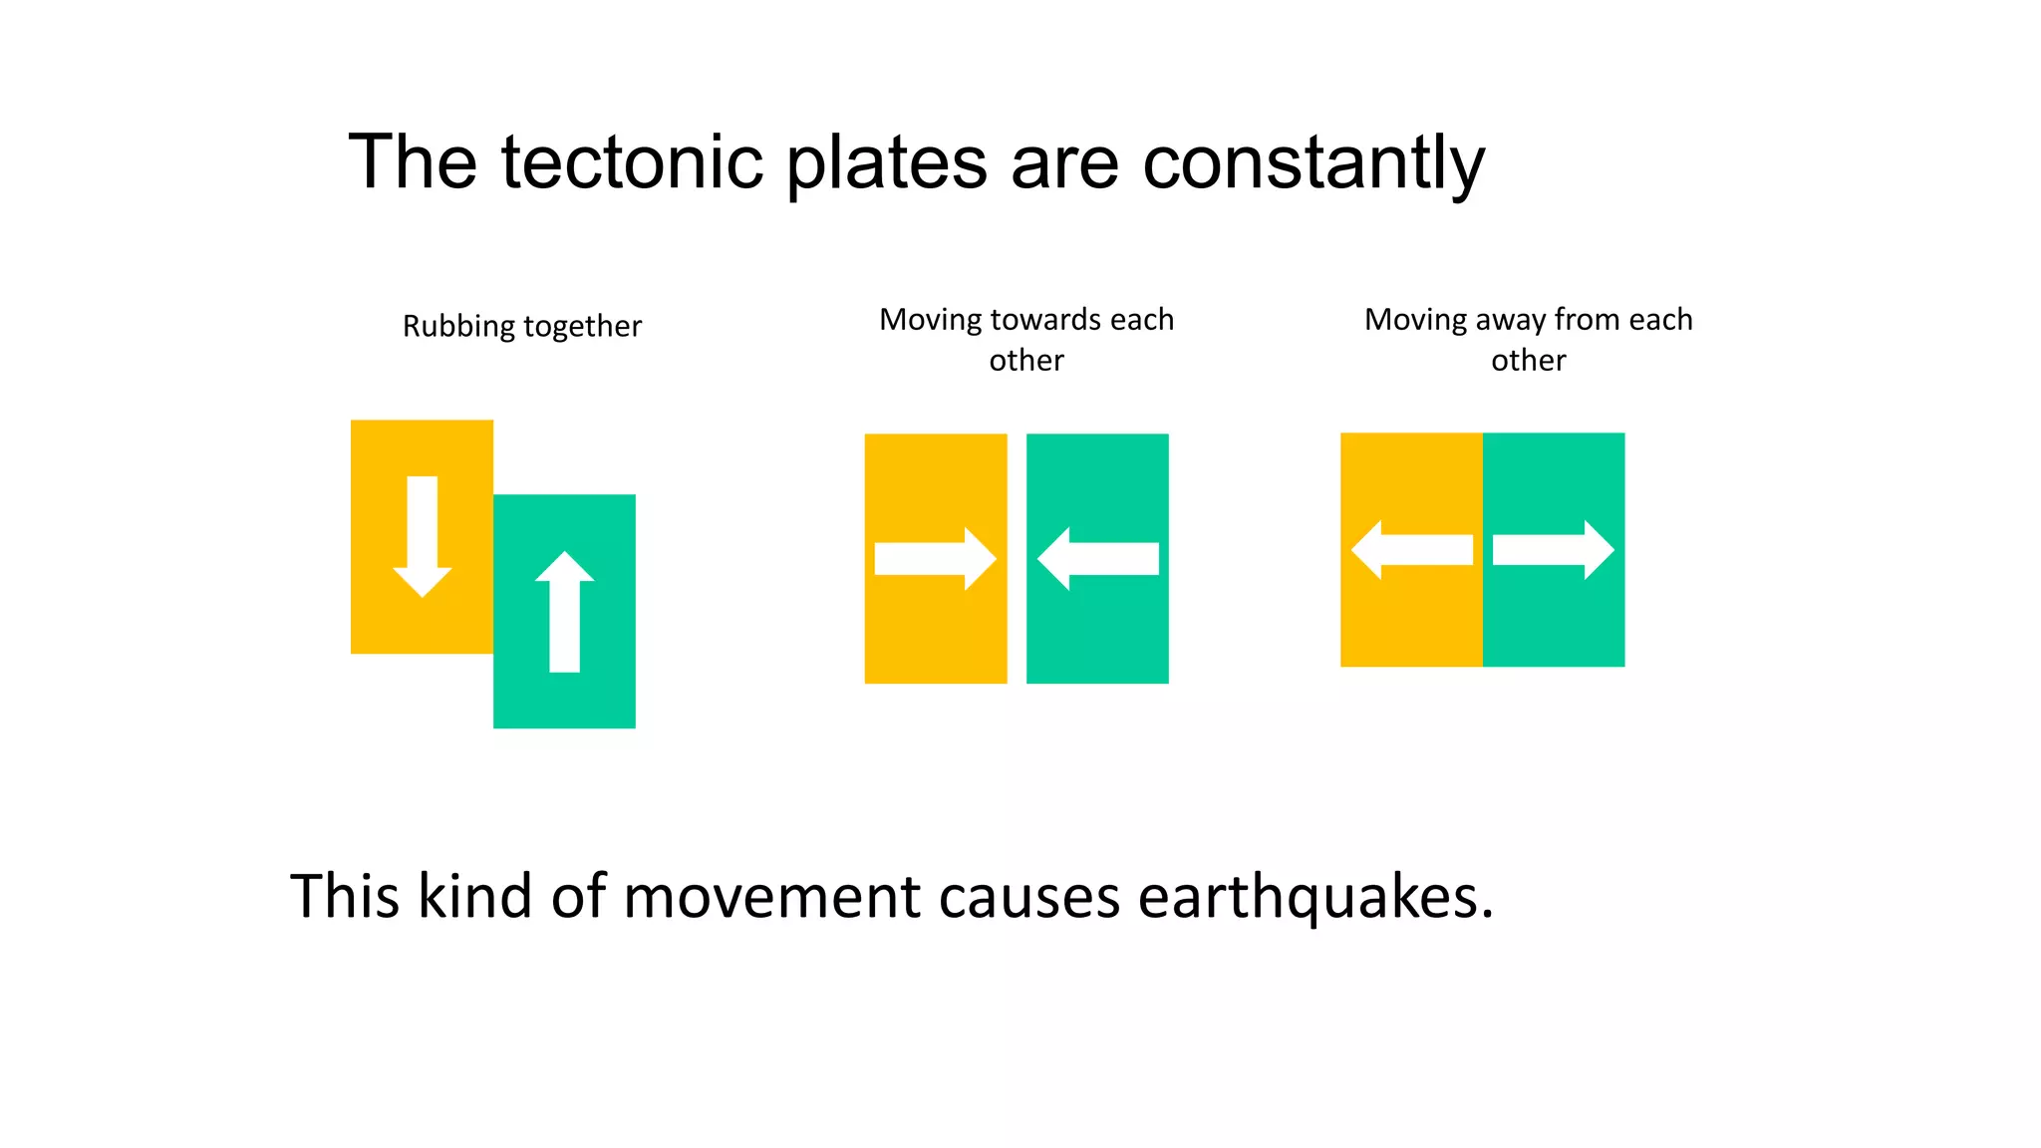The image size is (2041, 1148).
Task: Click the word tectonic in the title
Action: [x=631, y=162]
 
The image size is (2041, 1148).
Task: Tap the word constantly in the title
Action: [x=1312, y=164]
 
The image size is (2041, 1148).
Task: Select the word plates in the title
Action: [x=886, y=164]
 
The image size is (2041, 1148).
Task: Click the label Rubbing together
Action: [x=521, y=327]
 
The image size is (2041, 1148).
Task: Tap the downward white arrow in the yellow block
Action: [x=423, y=536]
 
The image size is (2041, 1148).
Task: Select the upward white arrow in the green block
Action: [x=564, y=611]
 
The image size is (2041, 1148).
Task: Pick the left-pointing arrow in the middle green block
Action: [x=1097, y=558]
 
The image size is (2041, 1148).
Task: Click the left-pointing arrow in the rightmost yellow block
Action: [x=1411, y=550]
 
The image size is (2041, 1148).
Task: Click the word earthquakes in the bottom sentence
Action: [x=1314, y=897]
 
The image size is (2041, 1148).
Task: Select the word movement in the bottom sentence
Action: [x=771, y=896]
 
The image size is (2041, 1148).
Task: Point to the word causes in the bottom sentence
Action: [x=1028, y=897]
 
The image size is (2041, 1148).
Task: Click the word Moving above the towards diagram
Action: [x=930, y=321]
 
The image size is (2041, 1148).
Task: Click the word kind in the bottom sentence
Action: [x=474, y=896]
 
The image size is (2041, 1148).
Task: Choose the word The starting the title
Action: [x=413, y=162]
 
